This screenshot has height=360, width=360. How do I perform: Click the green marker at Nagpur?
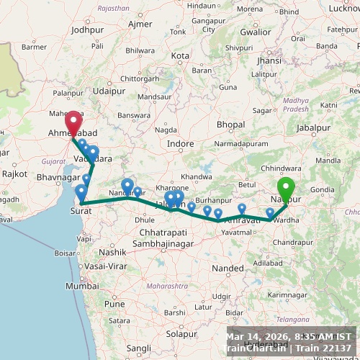(x=286, y=188)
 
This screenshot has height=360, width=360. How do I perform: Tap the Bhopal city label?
(x=230, y=125)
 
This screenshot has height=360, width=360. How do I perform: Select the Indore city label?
(x=180, y=144)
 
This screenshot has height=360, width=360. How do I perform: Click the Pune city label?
(x=114, y=303)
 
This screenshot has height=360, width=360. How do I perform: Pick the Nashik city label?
(x=112, y=253)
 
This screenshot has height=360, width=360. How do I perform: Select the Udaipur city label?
(x=109, y=91)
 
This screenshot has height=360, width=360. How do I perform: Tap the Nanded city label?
(x=228, y=268)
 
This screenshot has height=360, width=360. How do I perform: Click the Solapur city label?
(x=181, y=334)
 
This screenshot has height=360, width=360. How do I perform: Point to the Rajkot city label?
(x=14, y=174)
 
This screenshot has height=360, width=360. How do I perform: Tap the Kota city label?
(x=180, y=55)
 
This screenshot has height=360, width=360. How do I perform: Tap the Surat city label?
(x=80, y=211)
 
